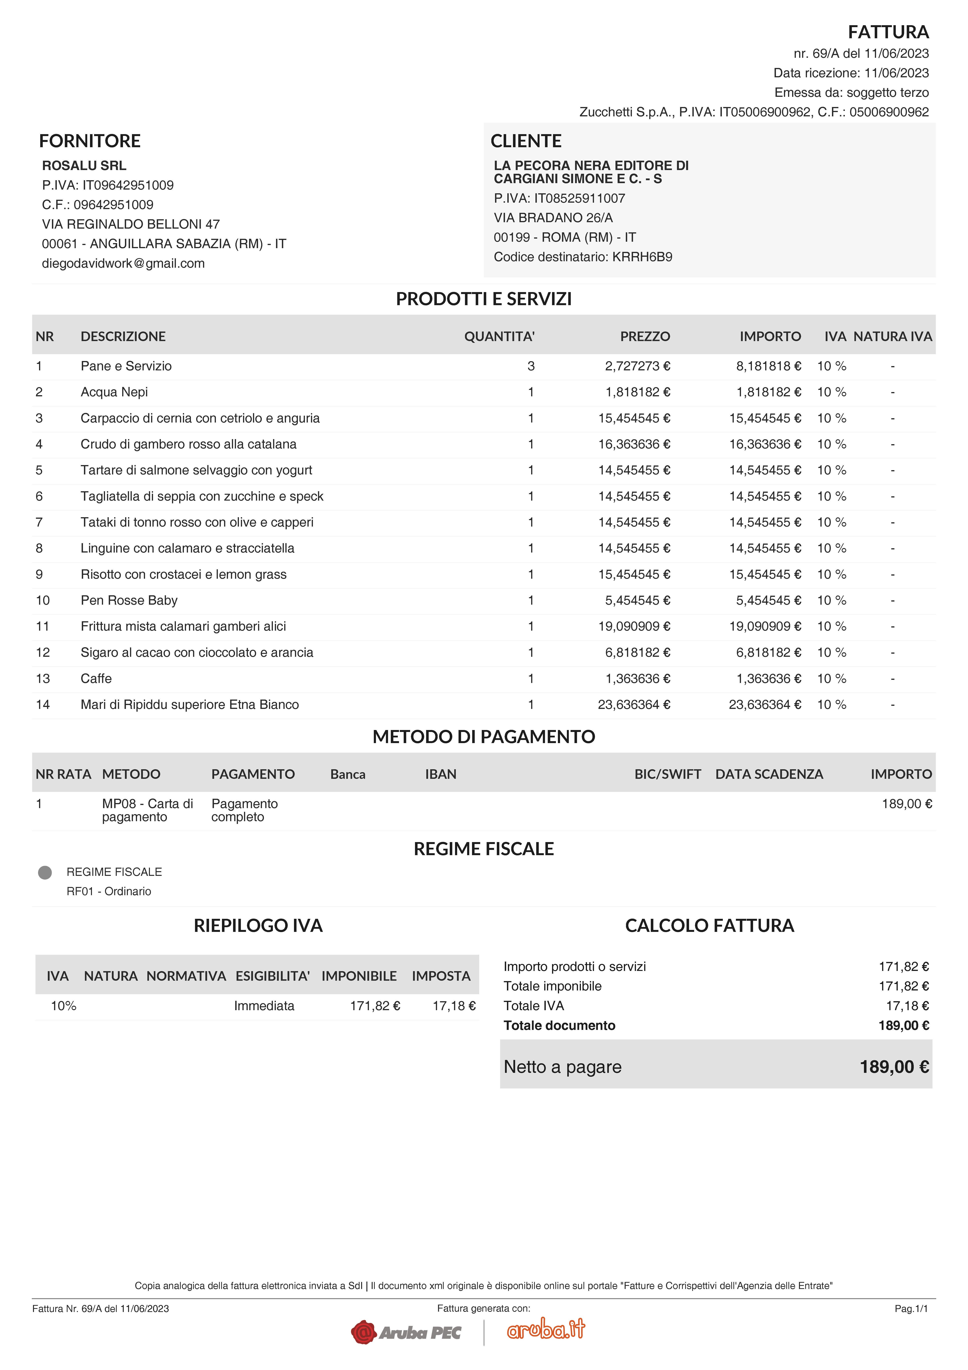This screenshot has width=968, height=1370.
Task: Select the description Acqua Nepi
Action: click(x=114, y=392)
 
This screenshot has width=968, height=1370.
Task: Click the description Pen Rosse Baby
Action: click(x=129, y=600)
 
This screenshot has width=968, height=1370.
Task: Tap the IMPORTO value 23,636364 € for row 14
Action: click(x=765, y=705)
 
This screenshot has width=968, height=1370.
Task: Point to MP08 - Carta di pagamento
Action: click(x=147, y=810)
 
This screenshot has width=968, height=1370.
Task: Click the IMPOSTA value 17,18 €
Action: click(x=454, y=1006)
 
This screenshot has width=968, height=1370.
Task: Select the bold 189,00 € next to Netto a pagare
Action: click(x=893, y=1067)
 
